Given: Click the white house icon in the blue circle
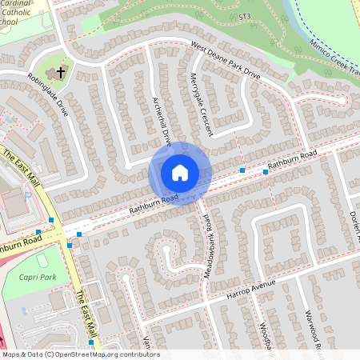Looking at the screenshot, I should pyautogui.click(x=180, y=172).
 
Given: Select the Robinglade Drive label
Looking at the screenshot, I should pyautogui.click(x=48, y=95).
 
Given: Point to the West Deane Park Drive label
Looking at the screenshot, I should pyautogui.click(x=225, y=62).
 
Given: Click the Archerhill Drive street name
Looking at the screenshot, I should pyautogui.click(x=162, y=121).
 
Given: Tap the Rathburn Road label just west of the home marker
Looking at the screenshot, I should pyautogui.click(x=153, y=205).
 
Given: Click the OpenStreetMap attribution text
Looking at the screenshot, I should pyautogui.click(x=80, y=354).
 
